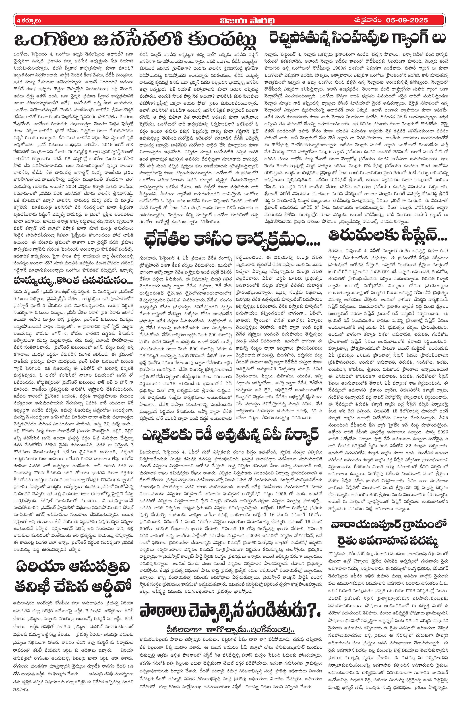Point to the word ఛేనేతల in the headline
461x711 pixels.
(x=170, y=239)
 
